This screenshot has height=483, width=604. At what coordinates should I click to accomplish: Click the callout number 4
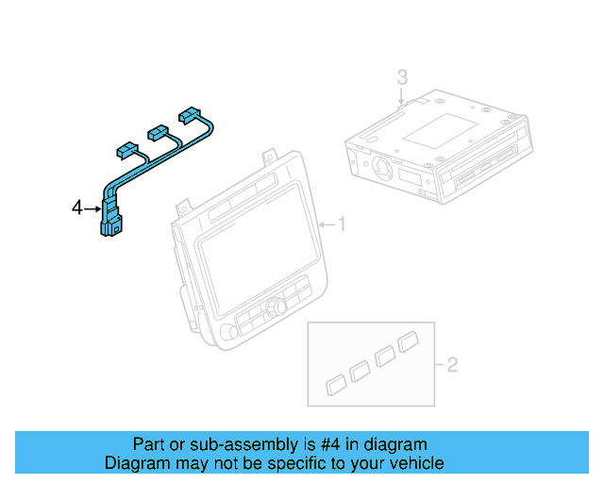click(x=77, y=208)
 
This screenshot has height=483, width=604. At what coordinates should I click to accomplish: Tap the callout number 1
click(x=343, y=225)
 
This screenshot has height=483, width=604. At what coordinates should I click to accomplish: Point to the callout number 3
click(x=402, y=76)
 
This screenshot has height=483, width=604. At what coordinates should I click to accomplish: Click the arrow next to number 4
click(x=92, y=208)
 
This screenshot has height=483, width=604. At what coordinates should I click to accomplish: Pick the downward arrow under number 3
click(x=402, y=95)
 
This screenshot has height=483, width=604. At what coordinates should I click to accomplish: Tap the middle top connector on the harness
click(x=156, y=132)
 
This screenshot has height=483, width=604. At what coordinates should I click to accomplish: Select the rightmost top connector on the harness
click(x=192, y=113)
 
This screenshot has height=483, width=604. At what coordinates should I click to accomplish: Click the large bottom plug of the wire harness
click(x=110, y=226)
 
